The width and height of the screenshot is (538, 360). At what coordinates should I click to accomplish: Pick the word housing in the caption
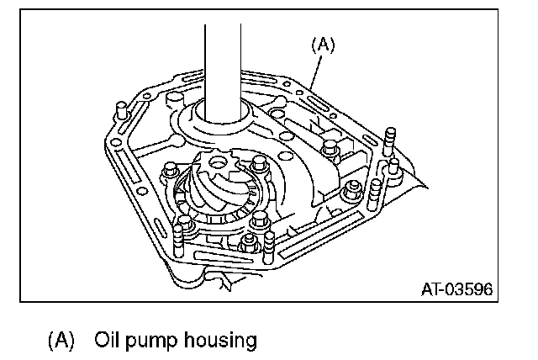pos(213,341)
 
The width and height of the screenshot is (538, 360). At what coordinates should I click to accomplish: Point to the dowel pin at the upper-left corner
pos(119,112)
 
